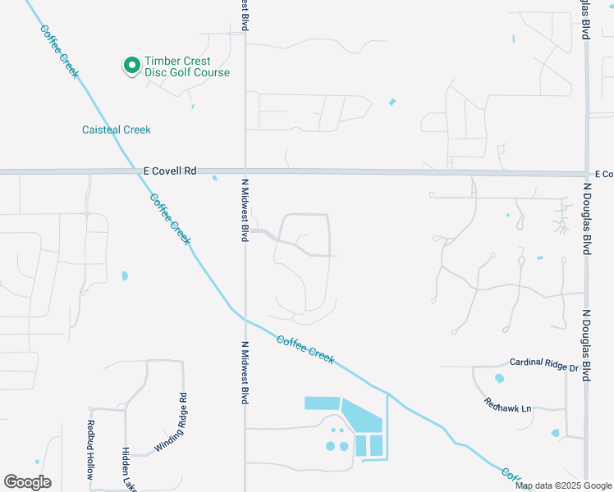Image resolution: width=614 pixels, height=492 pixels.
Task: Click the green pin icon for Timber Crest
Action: tap(131, 65)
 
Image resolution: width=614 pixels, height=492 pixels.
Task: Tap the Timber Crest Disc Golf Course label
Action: tap(187, 67)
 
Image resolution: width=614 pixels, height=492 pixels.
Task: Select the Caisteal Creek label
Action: tap(117, 130)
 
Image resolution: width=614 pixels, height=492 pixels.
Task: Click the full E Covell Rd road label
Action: tap(170, 171)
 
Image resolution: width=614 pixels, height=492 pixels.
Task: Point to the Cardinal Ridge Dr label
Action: tap(543, 362)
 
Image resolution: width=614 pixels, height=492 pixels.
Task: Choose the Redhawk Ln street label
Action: tap(508, 404)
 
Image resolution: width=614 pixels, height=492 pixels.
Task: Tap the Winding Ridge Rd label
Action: tap(172, 423)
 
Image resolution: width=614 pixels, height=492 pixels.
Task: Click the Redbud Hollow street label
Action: tap(91, 449)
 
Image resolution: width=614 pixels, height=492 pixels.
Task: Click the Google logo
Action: tap(27, 482)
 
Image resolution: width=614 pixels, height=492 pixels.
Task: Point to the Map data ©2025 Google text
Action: tap(562, 485)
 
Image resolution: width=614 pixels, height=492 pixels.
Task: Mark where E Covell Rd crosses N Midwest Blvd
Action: tap(245, 171)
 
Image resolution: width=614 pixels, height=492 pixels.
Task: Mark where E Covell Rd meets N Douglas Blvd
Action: tap(586, 174)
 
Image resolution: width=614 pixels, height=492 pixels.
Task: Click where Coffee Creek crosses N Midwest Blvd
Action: tap(245, 318)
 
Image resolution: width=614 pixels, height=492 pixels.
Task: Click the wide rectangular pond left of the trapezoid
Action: tap(321, 403)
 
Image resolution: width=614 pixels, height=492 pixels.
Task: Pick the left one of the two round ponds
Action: tap(331, 446)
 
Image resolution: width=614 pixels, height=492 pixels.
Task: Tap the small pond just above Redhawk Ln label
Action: tap(499, 379)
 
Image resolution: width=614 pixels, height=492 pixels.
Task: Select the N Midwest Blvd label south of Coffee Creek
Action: tap(245, 372)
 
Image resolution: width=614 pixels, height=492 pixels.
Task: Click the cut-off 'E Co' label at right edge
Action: tap(603, 175)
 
